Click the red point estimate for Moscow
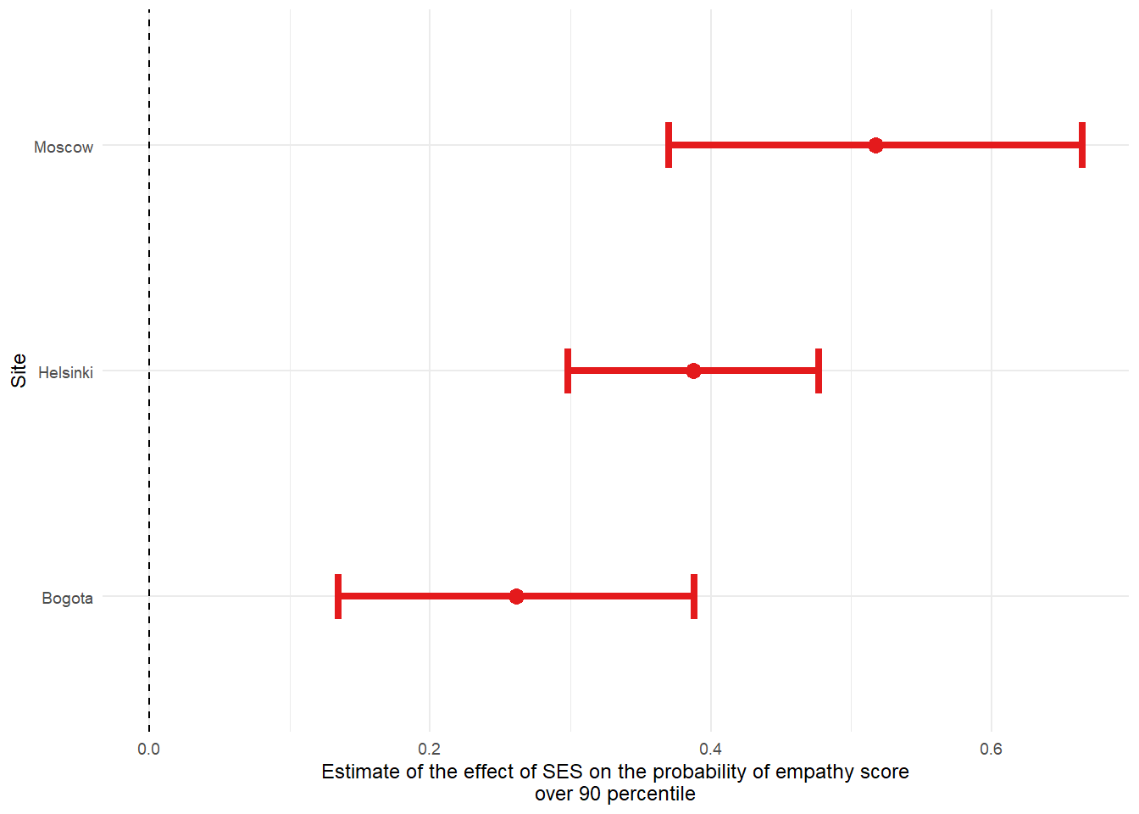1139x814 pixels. coord(875,145)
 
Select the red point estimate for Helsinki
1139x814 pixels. coord(693,371)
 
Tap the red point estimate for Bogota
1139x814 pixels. coord(516,596)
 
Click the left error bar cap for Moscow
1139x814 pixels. coord(669,145)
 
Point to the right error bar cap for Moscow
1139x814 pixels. coord(1082,145)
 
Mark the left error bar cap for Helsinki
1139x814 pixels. coord(568,371)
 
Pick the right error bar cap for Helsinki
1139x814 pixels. coord(819,371)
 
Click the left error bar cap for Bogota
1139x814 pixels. coord(338,596)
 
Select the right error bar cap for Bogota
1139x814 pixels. coord(694,596)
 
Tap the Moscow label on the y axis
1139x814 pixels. coord(64,148)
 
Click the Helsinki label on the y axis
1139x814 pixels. coord(65,373)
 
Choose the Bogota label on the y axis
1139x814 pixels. coord(67,599)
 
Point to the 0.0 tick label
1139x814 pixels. coord(149,749)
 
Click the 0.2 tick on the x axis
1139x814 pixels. coord(430,749)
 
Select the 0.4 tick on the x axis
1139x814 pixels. coord(710,749)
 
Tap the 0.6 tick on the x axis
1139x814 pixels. coord(991,749)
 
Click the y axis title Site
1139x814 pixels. coord(19,371)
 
